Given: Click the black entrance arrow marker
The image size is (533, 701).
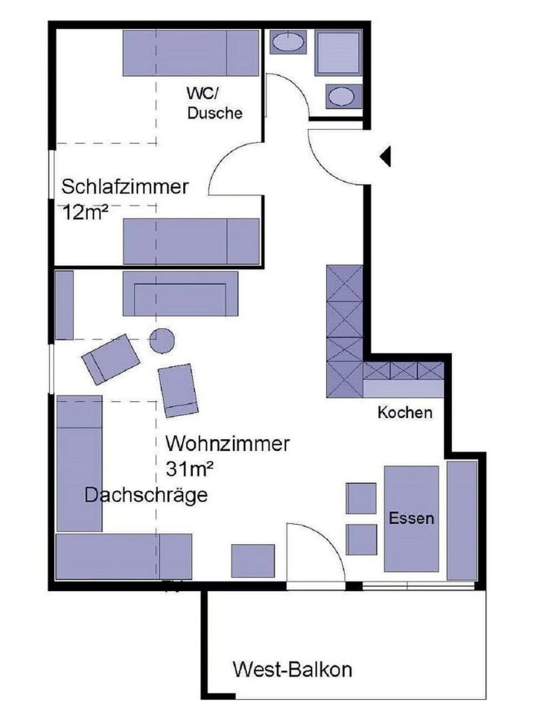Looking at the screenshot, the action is (x=386, y=157).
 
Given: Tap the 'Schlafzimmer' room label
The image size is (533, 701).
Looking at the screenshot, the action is (x=125, y=187).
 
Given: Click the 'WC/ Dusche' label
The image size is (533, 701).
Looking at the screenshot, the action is (x=214, y=103).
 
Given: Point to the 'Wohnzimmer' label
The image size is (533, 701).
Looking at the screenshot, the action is (x=228, y=444).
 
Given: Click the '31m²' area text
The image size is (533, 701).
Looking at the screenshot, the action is (x=189, y=470).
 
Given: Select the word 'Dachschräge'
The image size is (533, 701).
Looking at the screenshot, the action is (x=146, y=495).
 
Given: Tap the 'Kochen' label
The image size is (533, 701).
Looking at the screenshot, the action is (x=405, y=412).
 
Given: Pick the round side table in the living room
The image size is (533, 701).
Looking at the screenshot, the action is (x=162, y=341).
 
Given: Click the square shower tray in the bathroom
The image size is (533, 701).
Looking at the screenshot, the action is (x=339, y=53).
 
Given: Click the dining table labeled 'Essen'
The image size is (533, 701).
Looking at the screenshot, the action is (x=411, y=519).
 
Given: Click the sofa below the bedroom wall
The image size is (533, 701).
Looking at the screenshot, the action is (x=180, y=294).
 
